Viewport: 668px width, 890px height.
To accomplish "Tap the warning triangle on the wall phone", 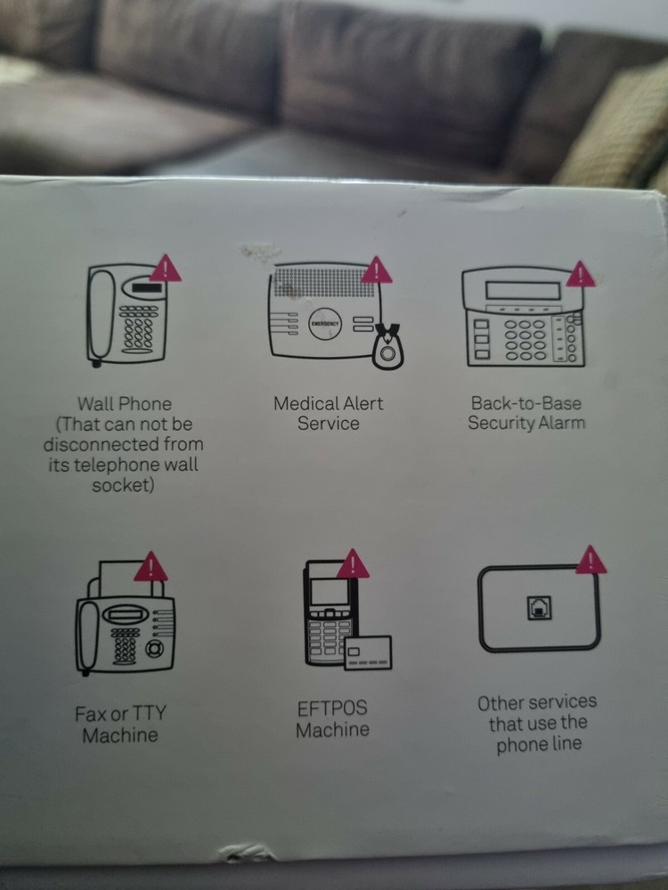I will pos(165,269).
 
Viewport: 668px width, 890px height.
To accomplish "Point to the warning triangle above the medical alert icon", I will pos(376,271).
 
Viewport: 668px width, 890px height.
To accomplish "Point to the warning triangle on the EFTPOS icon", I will pos(353,563).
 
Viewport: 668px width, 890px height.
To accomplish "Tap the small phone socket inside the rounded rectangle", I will pos(538,607).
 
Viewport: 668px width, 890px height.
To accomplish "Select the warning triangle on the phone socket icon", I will pos(591,561).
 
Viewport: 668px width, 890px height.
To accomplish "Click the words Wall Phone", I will pos(124,405).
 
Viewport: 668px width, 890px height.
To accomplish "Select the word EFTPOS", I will pos(332,709).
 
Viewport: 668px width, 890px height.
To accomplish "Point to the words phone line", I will pos(537,744).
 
